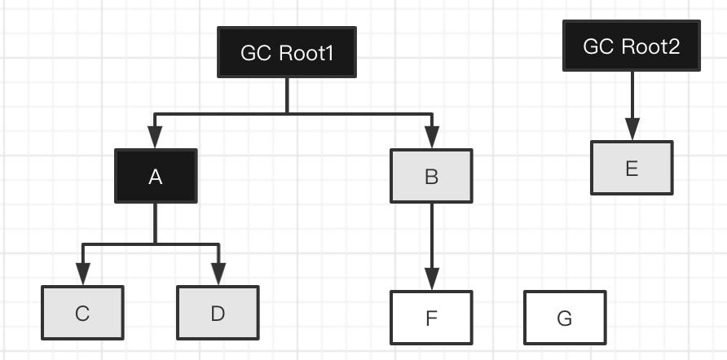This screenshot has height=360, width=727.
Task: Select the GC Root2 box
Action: [x=632, y=46]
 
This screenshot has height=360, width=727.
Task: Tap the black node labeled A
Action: [x=156, y=176]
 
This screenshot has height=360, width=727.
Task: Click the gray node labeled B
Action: [x=431, y=176]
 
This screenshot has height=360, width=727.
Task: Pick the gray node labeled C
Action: [x=82, y=314]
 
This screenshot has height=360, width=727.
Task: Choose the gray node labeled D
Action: [x=218, y=314]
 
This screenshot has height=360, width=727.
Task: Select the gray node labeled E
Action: [x=632, y=168]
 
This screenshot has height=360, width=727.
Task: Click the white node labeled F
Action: [x=431, y=318]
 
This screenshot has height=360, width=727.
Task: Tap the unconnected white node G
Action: [x=565, y=318]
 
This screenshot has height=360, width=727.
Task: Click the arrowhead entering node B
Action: [x=431, y=138]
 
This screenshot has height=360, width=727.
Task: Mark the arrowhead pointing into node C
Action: [x=82, y=275]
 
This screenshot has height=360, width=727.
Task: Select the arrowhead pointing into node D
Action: [x=218, y=275]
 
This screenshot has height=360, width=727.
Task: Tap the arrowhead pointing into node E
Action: [x=632, y=130]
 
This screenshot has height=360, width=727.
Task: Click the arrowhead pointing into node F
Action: [x=431, y=279]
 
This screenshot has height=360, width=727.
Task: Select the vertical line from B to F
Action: [x=431, y=236]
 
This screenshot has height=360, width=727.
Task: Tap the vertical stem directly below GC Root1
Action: [x=286, y=94]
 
